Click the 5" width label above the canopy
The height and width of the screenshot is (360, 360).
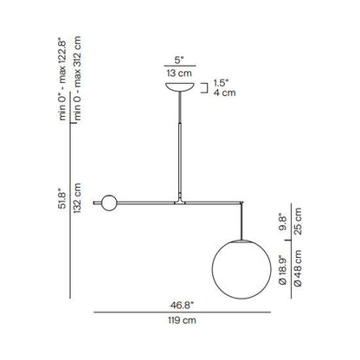180,61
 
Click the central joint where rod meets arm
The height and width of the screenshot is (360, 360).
180,201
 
